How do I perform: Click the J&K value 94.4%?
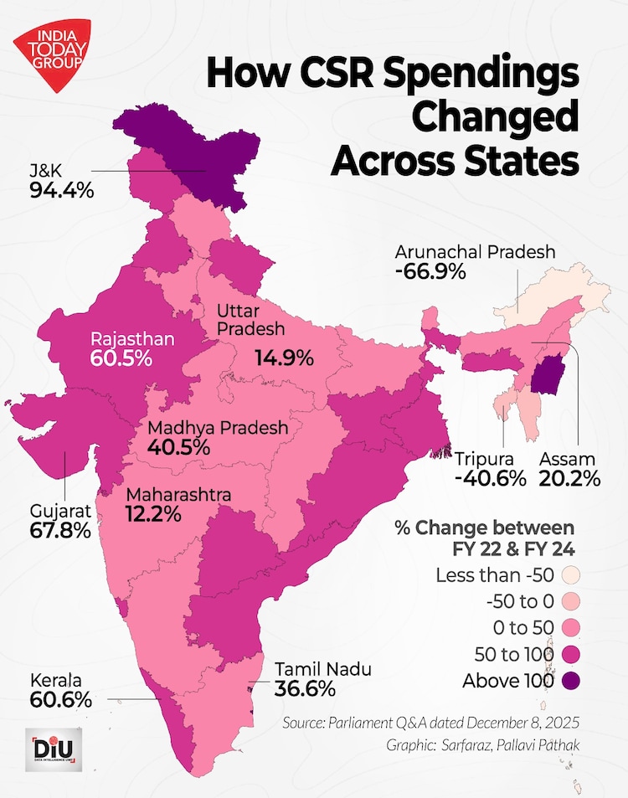coord(61,190)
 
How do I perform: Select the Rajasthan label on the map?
coord(132,339)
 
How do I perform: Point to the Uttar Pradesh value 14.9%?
coord(283,358)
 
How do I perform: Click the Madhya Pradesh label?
coord(217,428)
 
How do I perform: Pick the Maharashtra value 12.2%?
coord(153,514)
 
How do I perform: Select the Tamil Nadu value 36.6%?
coord(305,689)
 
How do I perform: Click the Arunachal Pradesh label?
coord(476,252)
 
